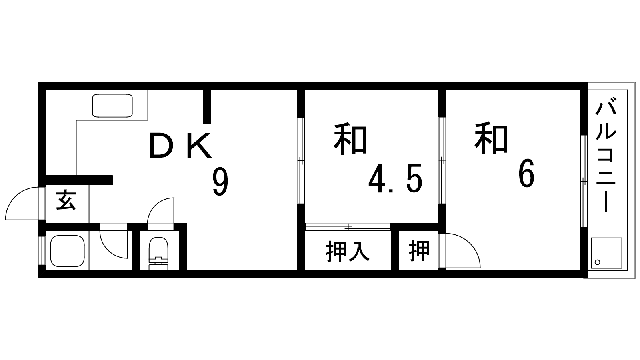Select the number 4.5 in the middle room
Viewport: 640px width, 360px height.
[x=395, y=178]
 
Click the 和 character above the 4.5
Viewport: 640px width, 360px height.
[x=350, y=139]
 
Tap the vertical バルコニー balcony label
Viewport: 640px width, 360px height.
[x=606, y=154]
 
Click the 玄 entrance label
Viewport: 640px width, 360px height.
[x=66, y=200]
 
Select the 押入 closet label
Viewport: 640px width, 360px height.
[x=348, y=252]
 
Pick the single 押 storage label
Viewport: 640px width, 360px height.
[x=419, y=251]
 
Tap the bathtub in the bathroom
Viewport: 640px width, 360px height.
[x=68, y=251]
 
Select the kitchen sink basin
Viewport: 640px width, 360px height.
[x=112, y=106]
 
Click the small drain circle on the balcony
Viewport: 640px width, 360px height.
[x=597, y=262]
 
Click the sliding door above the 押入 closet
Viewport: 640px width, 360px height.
[x=348, y=227]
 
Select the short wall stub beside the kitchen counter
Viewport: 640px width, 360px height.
[x=207, y=107]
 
